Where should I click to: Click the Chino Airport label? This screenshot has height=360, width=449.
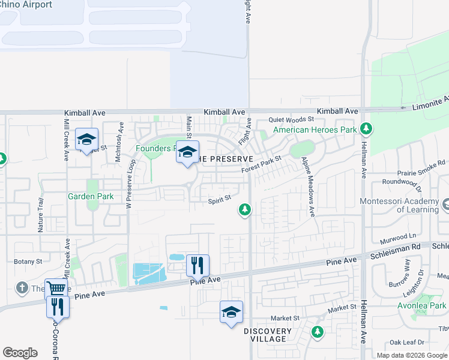pos(26,5)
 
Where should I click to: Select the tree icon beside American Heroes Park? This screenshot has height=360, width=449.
pos(366,129)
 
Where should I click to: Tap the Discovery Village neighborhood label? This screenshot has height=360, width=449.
pos(268,335)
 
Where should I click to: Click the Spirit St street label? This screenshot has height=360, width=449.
pos(220,202)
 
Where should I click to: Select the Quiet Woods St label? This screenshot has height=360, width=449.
pos(291,120)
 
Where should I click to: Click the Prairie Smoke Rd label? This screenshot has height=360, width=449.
pos(424,162)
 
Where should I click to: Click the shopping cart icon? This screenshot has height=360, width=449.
pos(56,289)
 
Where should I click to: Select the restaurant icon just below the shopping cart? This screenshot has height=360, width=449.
pos(58,307)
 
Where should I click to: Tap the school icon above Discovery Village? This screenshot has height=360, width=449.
pos(231,312)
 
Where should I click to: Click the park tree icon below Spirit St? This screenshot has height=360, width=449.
pos(244,209)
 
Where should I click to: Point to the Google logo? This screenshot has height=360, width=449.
pos(20,353)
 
